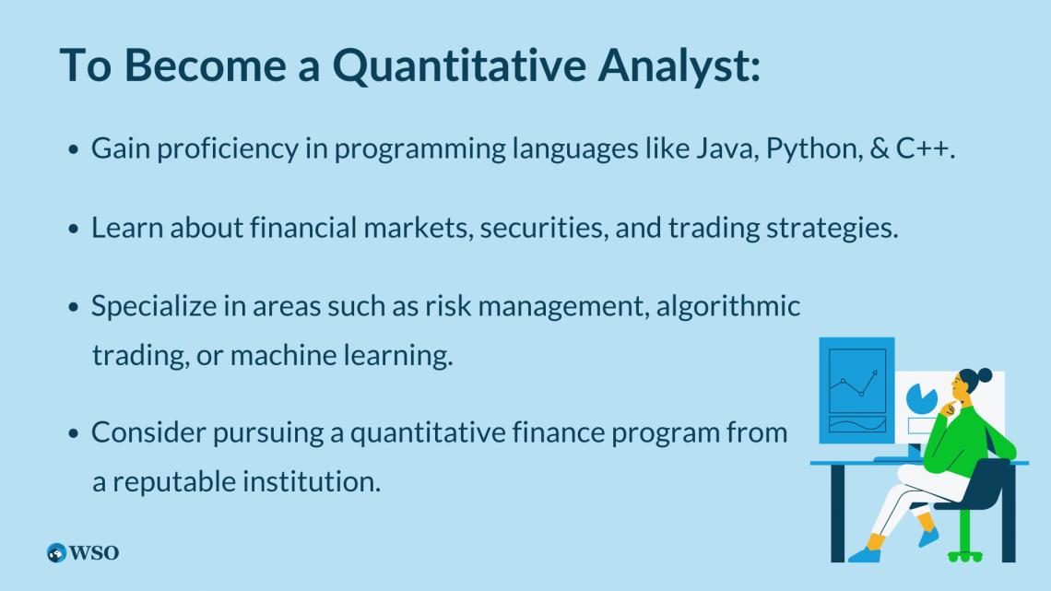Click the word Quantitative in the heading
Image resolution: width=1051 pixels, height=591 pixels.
459,65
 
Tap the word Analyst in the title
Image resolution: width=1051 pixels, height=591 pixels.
679,65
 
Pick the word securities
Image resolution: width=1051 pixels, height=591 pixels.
544,228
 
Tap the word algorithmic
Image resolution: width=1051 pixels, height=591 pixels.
728,306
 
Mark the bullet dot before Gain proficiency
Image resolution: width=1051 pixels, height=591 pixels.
73,150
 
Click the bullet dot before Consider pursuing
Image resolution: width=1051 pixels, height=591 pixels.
73,434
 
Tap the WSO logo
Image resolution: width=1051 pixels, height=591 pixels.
83,553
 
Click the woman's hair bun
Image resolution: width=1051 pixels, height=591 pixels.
985,375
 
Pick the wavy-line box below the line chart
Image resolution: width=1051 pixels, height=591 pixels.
857,424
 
